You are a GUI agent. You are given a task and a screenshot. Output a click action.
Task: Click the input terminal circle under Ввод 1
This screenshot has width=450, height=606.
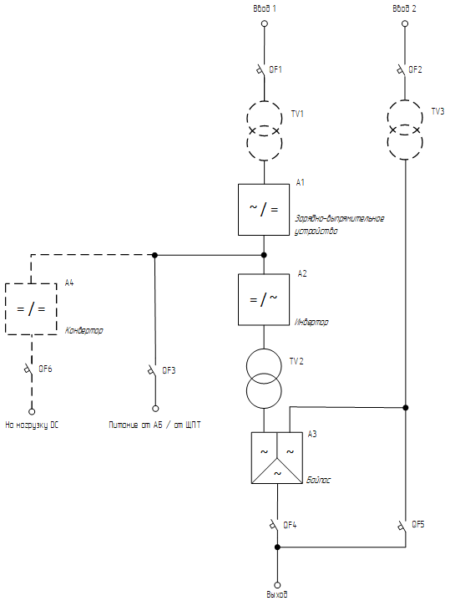pos(265,23)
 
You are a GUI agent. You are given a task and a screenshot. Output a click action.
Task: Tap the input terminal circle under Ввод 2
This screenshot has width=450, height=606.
pos(405,23)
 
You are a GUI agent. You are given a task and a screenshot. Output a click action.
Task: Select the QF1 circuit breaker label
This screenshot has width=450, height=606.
pos(276,69)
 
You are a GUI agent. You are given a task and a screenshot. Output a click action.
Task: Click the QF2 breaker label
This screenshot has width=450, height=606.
pos(415,69)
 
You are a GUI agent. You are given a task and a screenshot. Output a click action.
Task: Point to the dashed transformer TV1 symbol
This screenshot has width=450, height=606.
pos(265,130)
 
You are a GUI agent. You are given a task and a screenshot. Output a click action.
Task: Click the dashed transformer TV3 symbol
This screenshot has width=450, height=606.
pos(405,130)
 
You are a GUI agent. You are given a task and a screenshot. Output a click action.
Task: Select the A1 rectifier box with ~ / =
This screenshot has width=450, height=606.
pos(264,210)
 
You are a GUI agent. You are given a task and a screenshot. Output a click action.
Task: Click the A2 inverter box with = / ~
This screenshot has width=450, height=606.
pos(264,299)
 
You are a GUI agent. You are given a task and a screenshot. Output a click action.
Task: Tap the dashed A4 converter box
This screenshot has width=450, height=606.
pos(31,308)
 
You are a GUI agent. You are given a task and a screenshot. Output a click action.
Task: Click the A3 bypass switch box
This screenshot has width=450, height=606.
pos(276,457)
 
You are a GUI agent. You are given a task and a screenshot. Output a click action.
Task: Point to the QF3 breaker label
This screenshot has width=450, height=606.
pos(169,370)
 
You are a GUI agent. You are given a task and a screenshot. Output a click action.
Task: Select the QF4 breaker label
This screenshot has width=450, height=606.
pos(290,525)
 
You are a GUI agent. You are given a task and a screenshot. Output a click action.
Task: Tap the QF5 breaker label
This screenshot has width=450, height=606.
pos(418,524)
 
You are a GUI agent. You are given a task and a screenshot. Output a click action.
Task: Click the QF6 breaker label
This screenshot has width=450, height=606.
pos(45,369)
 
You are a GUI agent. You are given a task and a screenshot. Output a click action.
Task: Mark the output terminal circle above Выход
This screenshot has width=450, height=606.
pos(277,585)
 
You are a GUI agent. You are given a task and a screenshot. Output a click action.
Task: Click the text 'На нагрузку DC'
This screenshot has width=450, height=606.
pos(32,425)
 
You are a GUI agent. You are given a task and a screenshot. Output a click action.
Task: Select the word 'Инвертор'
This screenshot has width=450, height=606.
pos(311,322)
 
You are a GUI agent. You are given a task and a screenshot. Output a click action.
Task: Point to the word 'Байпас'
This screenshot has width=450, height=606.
pos(319,480)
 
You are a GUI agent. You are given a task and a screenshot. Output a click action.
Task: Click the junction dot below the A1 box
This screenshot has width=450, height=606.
pos(264,255)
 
